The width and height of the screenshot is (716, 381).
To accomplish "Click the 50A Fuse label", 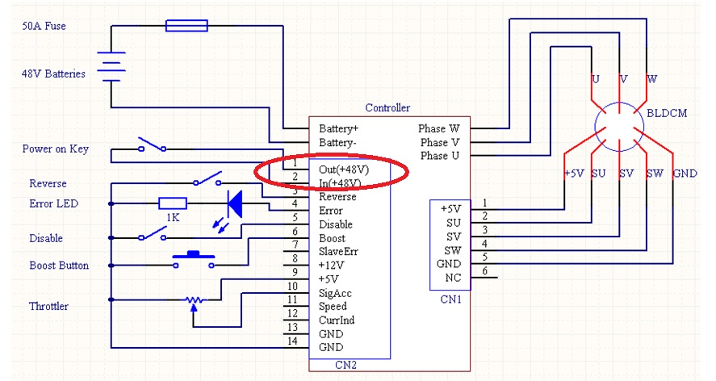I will pos(44,26).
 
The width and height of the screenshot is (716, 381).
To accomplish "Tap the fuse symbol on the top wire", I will pos(186,26).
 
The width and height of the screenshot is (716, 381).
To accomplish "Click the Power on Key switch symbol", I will pos(152,146).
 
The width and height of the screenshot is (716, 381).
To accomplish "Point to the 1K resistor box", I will pos(173,203).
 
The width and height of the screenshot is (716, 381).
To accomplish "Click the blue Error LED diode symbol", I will pos(234,203).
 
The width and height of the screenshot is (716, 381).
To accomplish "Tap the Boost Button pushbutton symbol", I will pos(194,257).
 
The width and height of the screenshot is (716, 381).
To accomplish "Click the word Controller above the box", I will pos(387,107).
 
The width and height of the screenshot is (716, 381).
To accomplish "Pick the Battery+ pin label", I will pos(339,128).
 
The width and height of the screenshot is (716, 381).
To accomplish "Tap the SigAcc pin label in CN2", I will pos(335,293).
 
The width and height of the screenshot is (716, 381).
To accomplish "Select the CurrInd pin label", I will pos(337,320).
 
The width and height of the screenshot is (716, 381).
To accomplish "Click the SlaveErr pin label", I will pos(338,252).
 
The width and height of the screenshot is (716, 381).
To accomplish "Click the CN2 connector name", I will pos(346,365).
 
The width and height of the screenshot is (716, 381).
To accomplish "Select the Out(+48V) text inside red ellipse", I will pos(344,170).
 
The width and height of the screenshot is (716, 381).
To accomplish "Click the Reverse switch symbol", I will pos(207,178).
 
